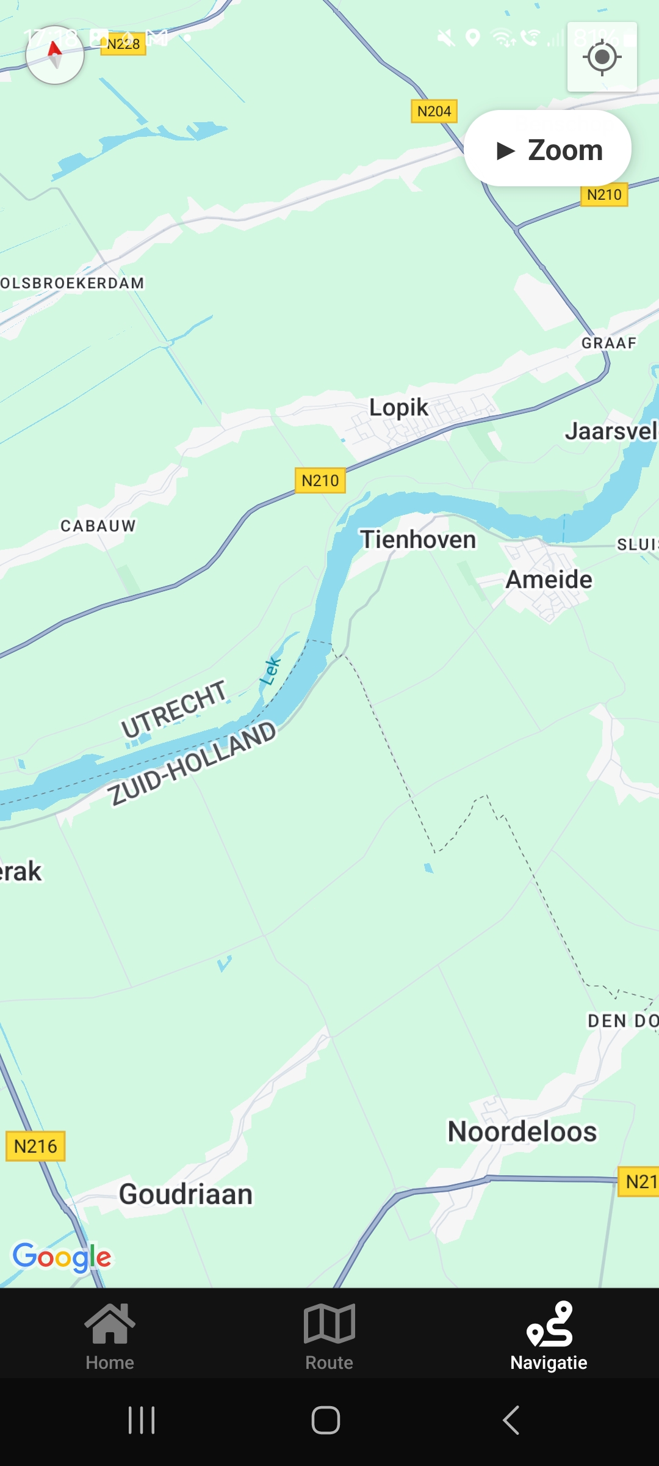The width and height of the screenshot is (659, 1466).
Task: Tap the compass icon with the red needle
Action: click(x=55, y=55)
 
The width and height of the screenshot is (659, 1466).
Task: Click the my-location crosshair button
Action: click(x=602, y=57)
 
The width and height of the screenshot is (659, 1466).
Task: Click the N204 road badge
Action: click(x=434, y=111)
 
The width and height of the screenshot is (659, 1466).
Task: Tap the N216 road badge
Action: click(x=35, y=1146)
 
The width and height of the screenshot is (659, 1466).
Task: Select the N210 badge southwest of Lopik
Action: click(x=320, y=481)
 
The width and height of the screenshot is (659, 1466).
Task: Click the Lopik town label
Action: click(x=398, y=407)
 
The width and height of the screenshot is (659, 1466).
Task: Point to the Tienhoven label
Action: click(x=418, y=540)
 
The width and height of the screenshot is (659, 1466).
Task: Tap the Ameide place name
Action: click(x=549, y=580)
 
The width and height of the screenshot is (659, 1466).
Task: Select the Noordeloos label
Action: click(x=522, y=1131)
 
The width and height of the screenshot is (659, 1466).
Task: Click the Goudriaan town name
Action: click(x=185, y=1194)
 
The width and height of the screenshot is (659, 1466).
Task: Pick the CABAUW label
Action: click(x=98, y=526)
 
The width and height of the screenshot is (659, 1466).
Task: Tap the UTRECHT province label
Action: click(x=174, y=709)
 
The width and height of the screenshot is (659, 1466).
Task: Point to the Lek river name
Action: click(x=270, y=671)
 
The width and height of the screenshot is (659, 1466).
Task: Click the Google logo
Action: click(x=62, y=1256)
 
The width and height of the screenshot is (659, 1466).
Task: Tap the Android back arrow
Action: click(x=511, y=1420)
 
